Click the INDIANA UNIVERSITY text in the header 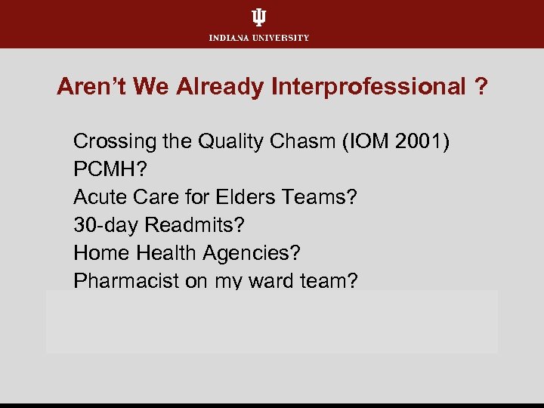pyautogui.click(x=258, y=38)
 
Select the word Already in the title pyautogui.click(x=219, y=88)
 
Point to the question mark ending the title pyautogui.click(x=481, y=88)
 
